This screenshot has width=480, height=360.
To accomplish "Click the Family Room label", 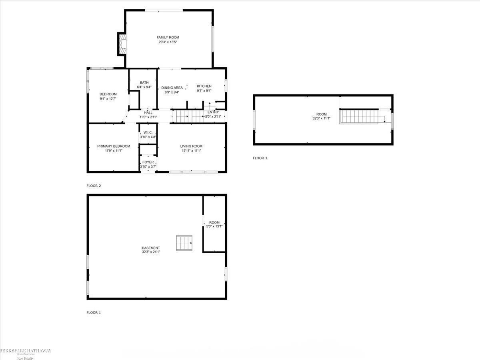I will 168,37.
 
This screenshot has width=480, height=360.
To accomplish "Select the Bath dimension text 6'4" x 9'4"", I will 144,87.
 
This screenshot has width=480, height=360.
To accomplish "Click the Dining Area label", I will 172,88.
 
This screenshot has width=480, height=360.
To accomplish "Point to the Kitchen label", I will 204,86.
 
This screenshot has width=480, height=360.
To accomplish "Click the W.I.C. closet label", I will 148,132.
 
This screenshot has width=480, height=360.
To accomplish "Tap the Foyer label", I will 148,162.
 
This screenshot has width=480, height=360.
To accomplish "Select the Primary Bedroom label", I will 114,146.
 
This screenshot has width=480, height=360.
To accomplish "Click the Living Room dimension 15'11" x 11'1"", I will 191,151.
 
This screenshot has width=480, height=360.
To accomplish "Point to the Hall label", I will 148,112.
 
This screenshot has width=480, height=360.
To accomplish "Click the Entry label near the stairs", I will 213,112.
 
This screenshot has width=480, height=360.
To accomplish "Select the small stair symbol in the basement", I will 184,243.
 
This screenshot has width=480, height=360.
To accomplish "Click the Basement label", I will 151,248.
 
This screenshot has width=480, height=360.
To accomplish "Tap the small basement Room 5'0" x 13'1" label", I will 214,222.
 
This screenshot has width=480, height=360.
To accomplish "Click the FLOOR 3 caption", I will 260,158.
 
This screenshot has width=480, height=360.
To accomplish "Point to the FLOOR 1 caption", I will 94,312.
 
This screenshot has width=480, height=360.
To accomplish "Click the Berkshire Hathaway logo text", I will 26,351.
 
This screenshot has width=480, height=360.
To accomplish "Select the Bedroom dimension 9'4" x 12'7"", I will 108,98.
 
